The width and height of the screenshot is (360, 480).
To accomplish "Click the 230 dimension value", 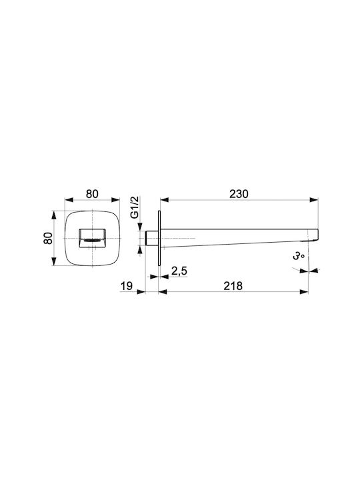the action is pos(239,194).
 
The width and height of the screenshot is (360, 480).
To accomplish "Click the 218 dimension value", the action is pos(233,286).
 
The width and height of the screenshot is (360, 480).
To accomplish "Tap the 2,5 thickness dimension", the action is pos(179,271).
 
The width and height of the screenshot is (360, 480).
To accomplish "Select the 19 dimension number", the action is pos(127,286).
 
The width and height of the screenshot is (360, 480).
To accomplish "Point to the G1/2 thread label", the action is pos(135,207).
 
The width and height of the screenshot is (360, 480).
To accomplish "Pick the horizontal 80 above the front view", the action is pos(92,194).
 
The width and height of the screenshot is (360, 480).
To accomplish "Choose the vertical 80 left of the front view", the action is pos(48,238).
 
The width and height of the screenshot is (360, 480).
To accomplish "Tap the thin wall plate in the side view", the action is pos(159,238).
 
